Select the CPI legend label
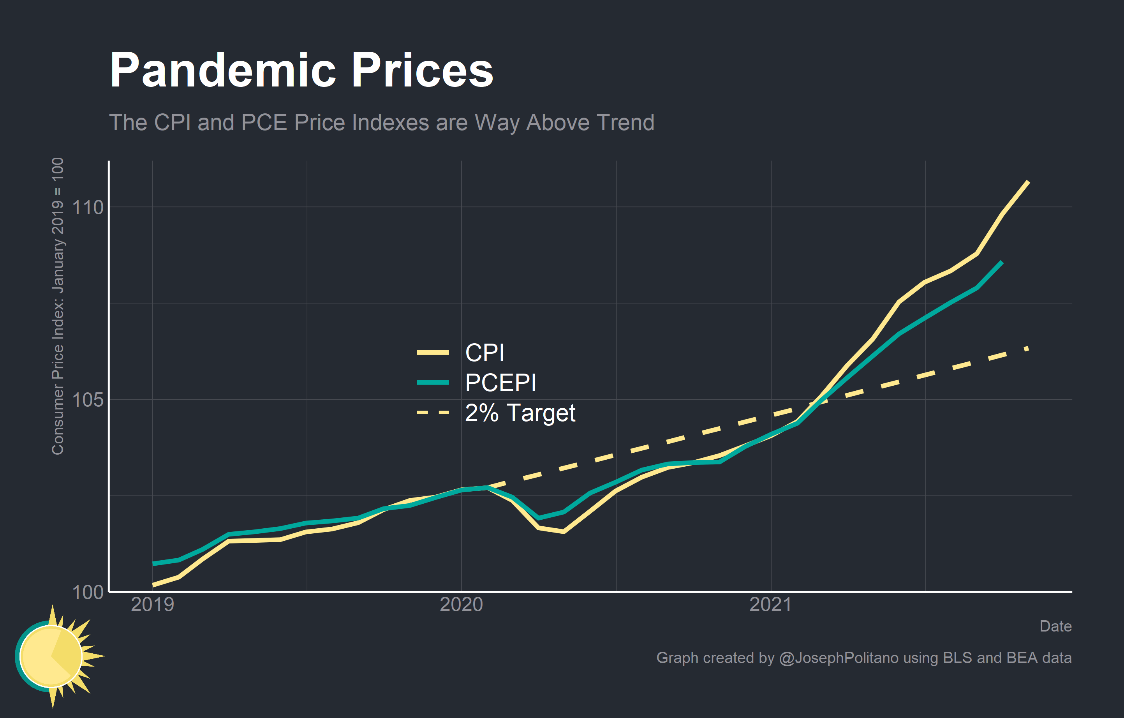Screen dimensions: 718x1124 (x=484, y=353)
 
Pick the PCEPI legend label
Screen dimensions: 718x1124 (x=500, y=383)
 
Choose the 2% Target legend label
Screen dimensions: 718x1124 (x=520, y=413)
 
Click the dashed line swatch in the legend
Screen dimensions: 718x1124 (x=433, y=413)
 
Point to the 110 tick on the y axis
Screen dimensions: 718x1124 (x=88, y=207)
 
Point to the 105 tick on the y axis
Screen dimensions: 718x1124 (x=88, y=400)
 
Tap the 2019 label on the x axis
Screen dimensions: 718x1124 (x=153, y=605)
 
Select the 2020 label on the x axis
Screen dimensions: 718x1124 (x=462, y=605)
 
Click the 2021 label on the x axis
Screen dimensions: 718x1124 (x=771, y=605)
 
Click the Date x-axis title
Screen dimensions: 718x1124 (x=1055, y=626)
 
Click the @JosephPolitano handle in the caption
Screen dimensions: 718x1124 (x=839, y=658)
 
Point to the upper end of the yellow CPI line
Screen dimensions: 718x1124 (x=1028, y=182)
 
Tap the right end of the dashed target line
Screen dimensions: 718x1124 (x=1027, y=348)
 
